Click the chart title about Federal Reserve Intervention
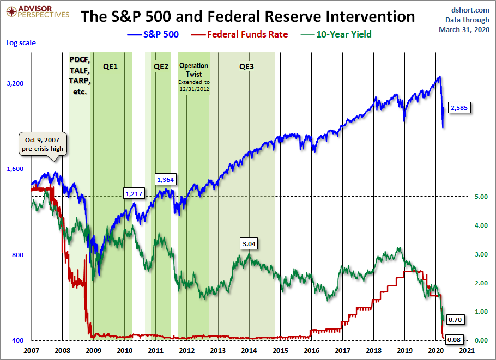247,16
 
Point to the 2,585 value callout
459,107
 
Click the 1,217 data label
134,193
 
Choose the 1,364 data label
165,179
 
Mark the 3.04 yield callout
249,243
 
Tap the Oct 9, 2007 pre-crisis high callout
42,143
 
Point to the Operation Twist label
193,70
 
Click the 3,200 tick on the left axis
15,83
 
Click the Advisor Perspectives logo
36,11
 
